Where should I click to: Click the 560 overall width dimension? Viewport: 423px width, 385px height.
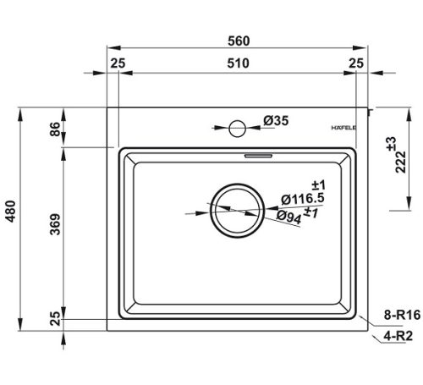(x=239, y=41)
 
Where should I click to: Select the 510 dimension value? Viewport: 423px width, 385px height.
(x=239, y=63)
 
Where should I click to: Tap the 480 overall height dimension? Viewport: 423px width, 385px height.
(x=11, y=212)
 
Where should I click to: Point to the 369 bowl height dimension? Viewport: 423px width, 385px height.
(x=55, y=224)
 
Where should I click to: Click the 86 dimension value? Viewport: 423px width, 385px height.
(x=55, y=129)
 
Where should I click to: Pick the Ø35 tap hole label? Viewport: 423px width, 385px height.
(x=276, y=121)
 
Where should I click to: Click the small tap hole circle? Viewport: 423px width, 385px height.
(x=238, y=129)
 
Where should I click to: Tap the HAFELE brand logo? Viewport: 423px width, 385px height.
(x=343, y=128)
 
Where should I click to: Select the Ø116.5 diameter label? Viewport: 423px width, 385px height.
(x=303, y=199)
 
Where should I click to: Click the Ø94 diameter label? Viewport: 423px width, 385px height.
(x=288, y=217)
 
